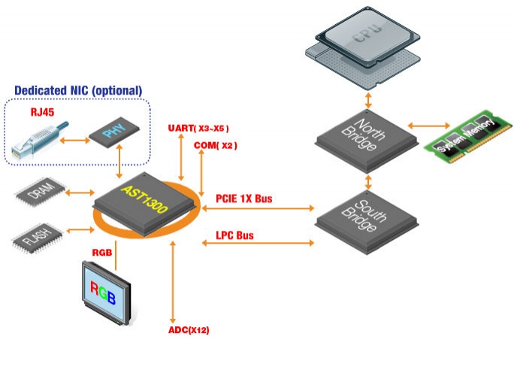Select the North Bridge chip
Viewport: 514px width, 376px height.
click(367, 141)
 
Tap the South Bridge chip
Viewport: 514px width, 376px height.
click(367, 222)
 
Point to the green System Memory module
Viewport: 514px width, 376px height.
click(468, 136)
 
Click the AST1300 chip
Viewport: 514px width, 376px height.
click(146, 204)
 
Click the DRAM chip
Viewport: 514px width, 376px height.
click(41, 193)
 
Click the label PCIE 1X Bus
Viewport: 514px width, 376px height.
click(244, 199)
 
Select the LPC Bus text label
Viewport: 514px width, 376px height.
click(234, 235)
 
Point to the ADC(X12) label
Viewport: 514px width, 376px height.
click(189, 329)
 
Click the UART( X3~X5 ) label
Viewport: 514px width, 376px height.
click(198, 128)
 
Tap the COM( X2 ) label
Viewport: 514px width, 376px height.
click(216, 145)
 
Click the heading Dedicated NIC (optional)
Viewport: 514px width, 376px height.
click(78, 90)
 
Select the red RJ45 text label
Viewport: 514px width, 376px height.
click(42, 112)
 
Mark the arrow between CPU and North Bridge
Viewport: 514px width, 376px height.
click(368, 101)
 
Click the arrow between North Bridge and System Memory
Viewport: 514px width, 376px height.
click(429, 126)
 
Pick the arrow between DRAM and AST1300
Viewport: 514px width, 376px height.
click(80, 193)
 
